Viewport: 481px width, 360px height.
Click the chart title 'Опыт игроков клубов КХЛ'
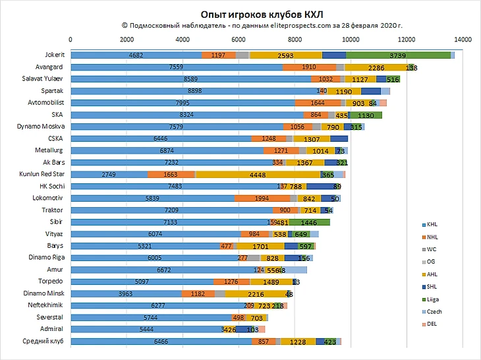(x=262, y=13)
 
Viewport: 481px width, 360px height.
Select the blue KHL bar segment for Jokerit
(x=136, y=55)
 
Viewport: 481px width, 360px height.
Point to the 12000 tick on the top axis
(x=408, y=40)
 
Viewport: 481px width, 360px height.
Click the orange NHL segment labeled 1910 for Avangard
(x=309, y=67)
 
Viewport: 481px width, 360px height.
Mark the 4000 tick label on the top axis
(x=183, y=40)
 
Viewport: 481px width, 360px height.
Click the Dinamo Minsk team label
(x=44, y=293)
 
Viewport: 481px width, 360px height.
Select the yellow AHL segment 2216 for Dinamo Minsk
(x=256, y=293)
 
